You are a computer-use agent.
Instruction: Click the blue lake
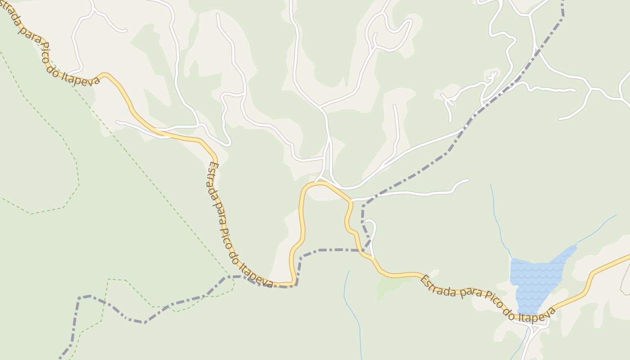coord(535,279)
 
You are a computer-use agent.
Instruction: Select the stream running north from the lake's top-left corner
coord(497,216)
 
